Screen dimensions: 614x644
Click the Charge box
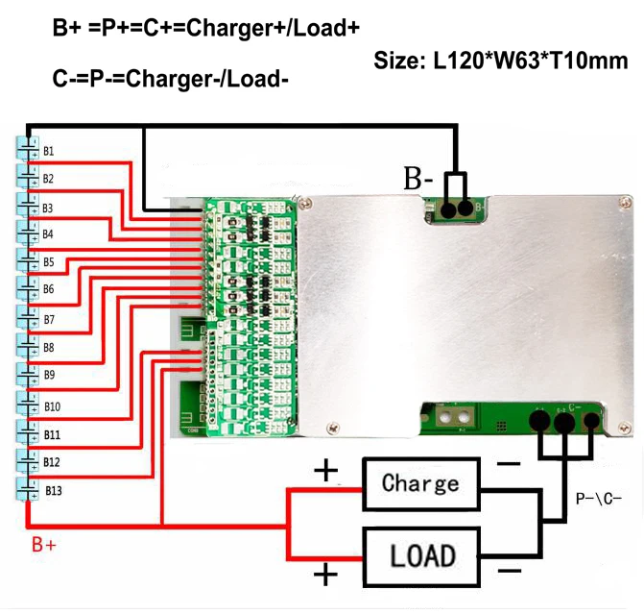pyautogui.click(x=420, y=483)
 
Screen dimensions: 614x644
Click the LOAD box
pyautogui.click(x=420, y=554)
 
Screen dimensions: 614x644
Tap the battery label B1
pyautogui.click(x=48, y=151)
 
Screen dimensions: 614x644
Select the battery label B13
pyautogui.click(x=53, y=491)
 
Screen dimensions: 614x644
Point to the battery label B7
pyautogui.click(x=48, y=318)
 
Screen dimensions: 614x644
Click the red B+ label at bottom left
pyautogui.click(x=44, y=545)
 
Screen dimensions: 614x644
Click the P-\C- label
pyautogui.click(x=599, y=500)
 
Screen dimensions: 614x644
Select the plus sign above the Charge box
pyautogui.click(x=327, y=471)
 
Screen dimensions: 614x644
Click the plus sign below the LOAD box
pyautogui.click(x=327, y=576)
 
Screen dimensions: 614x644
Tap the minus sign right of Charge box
pyautogui.click(x=509, y=464)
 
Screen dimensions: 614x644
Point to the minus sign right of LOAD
pyautogui.click(x=509, y=571)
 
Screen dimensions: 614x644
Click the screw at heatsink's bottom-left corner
pyautogui.click(x=332, y=427)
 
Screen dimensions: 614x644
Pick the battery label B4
pyautogui.click(x=48, y=234)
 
